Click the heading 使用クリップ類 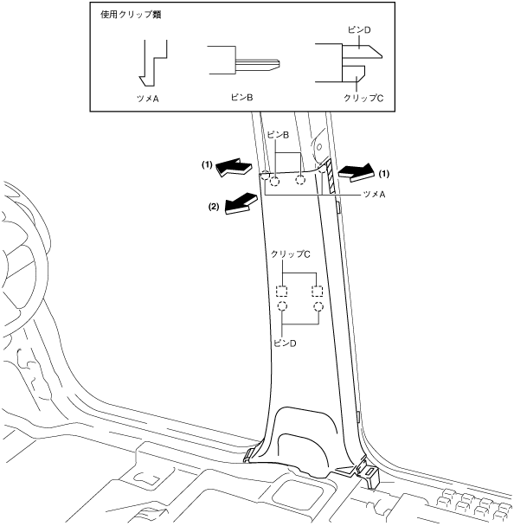tap(131, 15)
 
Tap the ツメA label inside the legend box tap(148, 99)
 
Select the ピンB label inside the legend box tap(241, 97)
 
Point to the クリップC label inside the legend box tap(363, 98)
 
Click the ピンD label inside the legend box tap(359, 30)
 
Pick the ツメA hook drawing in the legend tap(153, 63)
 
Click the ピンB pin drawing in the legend tap(244, 61)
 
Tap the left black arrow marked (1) tap(235, 167)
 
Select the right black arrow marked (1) tap(357, 173)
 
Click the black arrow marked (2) tap(241, 203)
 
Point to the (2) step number tap(214, 207)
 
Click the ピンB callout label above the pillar tap(278, 135)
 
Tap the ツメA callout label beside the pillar tap(374, 195)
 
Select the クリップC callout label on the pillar tap(290, 254)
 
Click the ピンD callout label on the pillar tap(285, 343)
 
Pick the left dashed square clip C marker tap(281, 292)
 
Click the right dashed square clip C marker tap(317, 292)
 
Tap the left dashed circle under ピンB tap(274, 181)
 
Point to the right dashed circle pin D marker tap(318, 306)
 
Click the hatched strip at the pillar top tap(331, 176)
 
